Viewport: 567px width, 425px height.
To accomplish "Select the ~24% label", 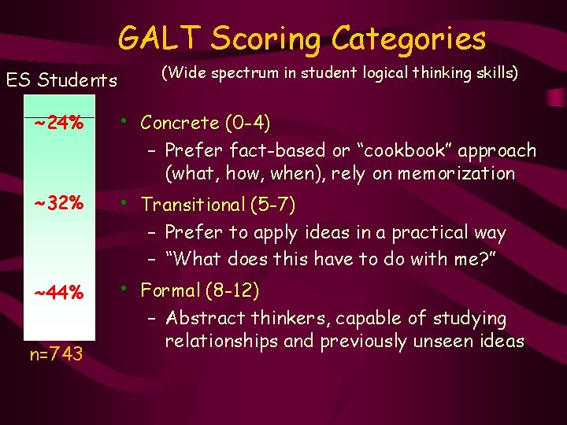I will click(x=59, y=124).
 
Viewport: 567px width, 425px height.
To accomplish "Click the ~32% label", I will click(x=59, y=203).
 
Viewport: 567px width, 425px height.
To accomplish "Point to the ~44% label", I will click(x=59, y=293).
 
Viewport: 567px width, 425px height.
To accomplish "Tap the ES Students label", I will click(x=61, y=79).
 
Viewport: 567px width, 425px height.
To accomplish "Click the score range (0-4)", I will click(x=247, y=123).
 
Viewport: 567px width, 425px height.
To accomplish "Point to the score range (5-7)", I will click(x=272, y=205).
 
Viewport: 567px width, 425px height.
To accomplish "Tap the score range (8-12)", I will click(x=232, y=290).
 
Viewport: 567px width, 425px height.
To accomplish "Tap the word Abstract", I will click(x=203, y=318).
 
